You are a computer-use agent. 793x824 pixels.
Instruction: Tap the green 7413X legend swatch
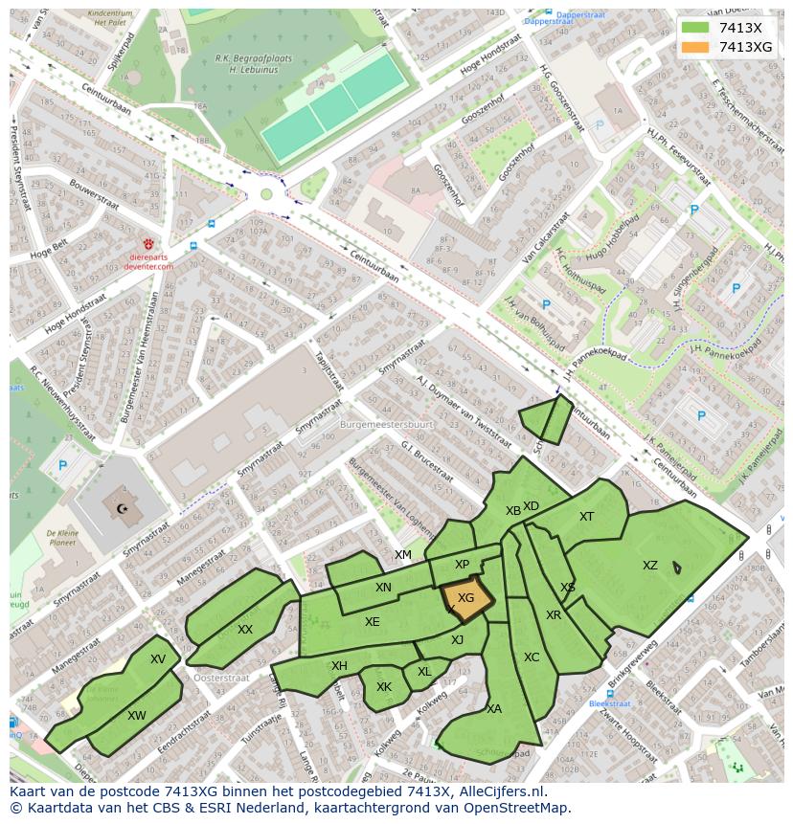696,29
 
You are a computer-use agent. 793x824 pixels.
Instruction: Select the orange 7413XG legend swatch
696,47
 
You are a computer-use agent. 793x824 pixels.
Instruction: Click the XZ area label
650,566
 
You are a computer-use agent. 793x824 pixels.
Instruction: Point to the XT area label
586,517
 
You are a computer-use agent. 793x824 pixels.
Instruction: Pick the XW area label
137,716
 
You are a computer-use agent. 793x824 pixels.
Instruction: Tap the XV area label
158,659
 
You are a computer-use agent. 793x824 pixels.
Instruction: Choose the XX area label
245,629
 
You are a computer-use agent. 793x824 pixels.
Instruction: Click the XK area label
384,687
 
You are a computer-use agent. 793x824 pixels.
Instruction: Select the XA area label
494,709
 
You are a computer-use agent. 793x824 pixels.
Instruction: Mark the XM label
403,555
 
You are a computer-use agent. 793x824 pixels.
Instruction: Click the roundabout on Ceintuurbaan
266,194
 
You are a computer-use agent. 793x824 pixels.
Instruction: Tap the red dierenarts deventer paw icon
148,245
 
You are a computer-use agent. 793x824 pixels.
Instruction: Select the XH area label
339,666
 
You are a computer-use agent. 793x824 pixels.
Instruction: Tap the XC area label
532,657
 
